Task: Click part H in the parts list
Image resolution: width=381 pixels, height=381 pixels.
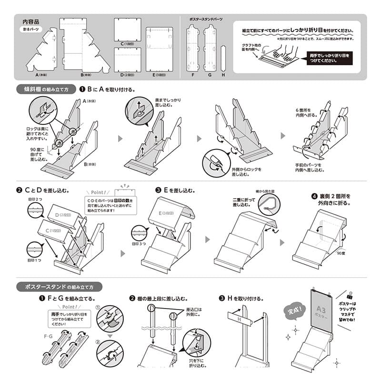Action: tap(223, 58)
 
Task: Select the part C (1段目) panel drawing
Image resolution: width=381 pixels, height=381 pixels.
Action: tap(128, 30)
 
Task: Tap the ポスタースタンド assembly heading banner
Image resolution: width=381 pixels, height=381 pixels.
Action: tap(59, 287)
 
